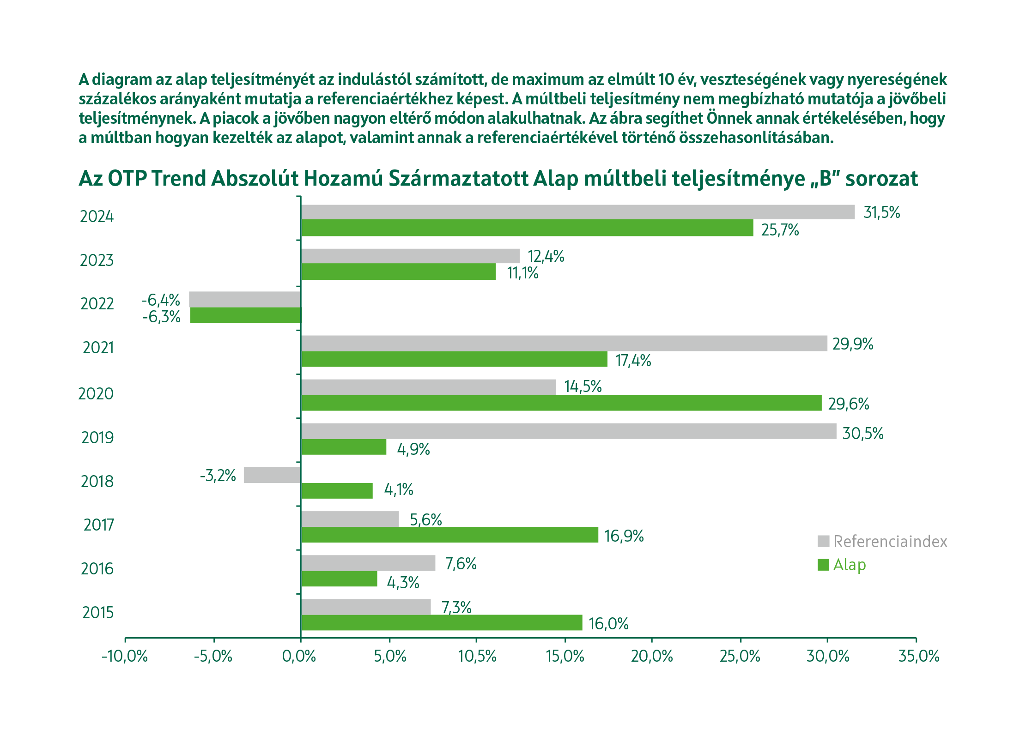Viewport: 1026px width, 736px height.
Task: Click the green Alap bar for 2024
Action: click(x=527, y=228)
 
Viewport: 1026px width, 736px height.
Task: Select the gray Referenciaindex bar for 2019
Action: click(x=568, y=431)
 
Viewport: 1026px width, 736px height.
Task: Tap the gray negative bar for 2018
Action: click(x=272, y=475)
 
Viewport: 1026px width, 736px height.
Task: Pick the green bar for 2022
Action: click(x=245, y=315)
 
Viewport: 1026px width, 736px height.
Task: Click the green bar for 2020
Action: click(x=561, y=403)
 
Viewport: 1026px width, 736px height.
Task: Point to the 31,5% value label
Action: click(x=881, y=212)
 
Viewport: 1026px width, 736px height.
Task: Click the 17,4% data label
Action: click(x=633, y=361)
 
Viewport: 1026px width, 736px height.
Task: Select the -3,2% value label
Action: click(x=218, y=476)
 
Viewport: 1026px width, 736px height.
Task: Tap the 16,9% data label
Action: click(x=624, y=536)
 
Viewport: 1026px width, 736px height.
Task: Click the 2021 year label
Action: click(x=98, y=348)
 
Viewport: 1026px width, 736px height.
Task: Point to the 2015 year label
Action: click(x=97, y=613)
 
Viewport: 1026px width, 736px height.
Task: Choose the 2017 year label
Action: click(x=98, y=525)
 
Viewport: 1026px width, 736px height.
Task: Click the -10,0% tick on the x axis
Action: click(x=124, y=656)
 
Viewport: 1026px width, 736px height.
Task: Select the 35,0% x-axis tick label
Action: click(x=918, y=656)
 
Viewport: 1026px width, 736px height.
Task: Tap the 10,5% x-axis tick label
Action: click(x=477, y=656)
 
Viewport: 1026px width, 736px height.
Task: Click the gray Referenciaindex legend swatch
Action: click(x=823, y=541)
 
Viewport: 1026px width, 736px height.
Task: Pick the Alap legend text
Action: click(x=849, y=565)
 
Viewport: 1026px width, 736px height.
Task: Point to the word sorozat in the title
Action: click(x=881, y=179)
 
